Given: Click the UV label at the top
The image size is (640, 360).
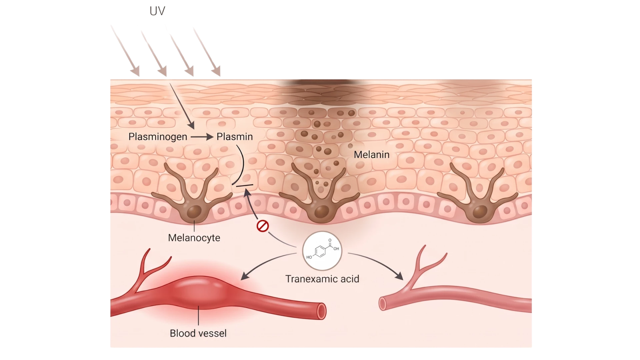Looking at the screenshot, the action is (157, 11).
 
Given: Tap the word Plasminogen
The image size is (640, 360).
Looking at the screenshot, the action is (158, 137).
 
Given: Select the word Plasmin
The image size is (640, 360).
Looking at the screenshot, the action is (235, 137).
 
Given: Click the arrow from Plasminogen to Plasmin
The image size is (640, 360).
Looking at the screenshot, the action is (202, 137).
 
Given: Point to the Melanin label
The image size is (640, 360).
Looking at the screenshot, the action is (372, 155).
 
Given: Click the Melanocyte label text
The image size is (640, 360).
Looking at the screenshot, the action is (194, 238).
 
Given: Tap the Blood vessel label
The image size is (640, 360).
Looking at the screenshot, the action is (198, 333).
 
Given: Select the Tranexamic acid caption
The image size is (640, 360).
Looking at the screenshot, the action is (322, 279).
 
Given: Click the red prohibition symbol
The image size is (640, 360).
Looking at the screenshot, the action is (263, 226).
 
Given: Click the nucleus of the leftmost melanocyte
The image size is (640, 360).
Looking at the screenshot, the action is (194, 211).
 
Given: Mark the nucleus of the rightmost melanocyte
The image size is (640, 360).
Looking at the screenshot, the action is (480, 212).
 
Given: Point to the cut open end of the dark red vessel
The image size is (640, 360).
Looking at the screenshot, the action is (321, 311).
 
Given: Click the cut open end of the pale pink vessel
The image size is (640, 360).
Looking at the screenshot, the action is (383, 304).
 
